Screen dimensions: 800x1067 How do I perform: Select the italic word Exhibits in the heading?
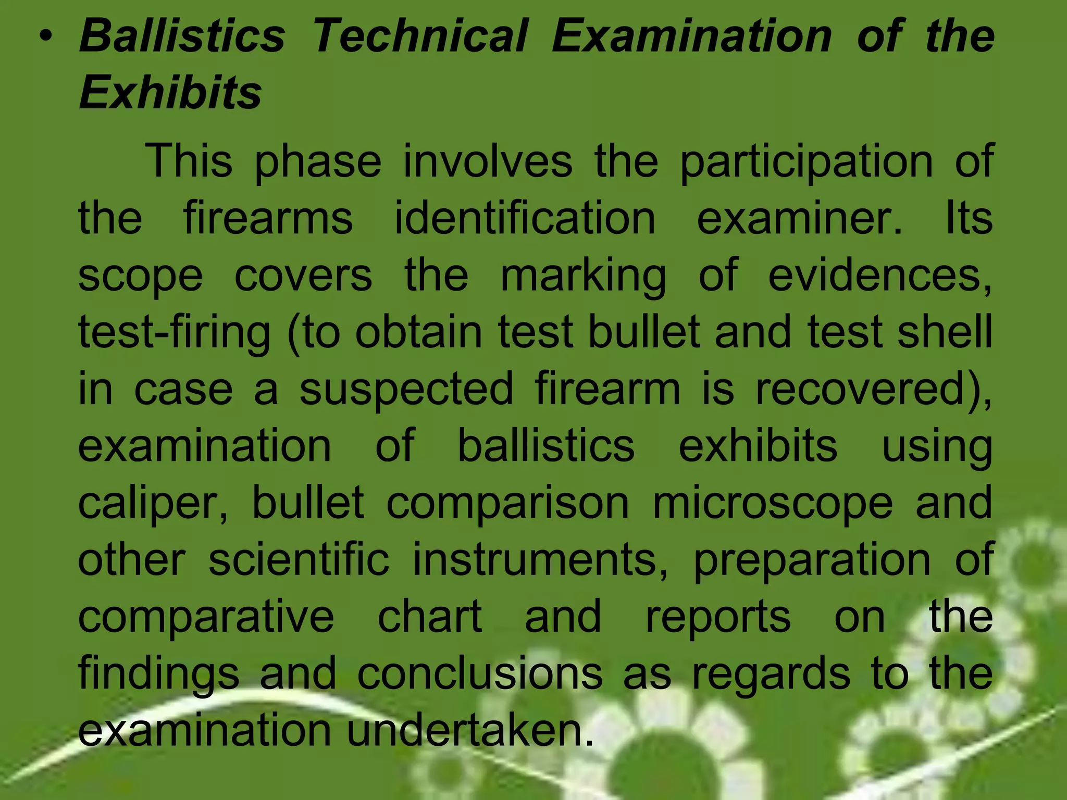pos(170,92)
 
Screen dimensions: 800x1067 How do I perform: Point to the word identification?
pos(525,218)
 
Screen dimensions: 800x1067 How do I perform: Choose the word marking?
pos(583,276)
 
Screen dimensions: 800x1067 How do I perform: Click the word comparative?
pos(206,617)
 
